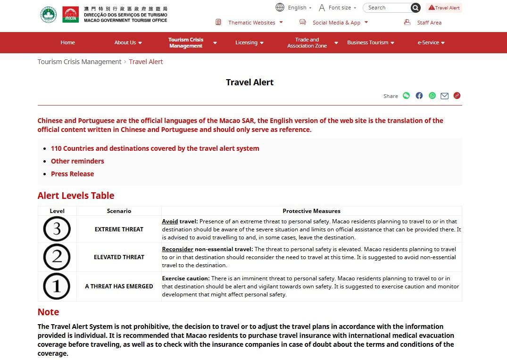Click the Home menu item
pos(67,42)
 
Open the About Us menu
pos(128,42)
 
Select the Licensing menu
pos(249,42)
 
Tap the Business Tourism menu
pos(370,42)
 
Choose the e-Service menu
pos(431,42)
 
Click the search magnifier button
pos(415,8)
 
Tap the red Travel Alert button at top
pos(444,8)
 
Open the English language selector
pos(293,8)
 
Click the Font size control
pos(337,8)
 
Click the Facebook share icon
pos(419,96)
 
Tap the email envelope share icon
pos(444,96)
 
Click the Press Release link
pos(72,174)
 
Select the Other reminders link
pos(77,161)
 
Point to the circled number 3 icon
pos(57,229)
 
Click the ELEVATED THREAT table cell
pos(119,257)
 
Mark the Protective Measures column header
pos(311,211)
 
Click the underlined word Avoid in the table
pos(170,221)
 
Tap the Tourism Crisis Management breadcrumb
pos(79,62)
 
